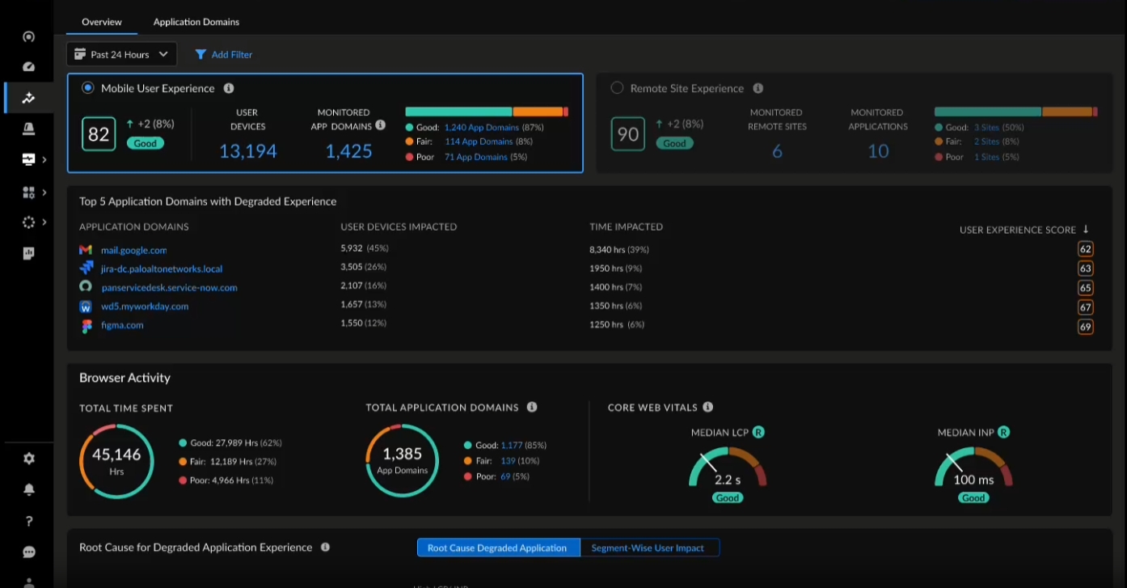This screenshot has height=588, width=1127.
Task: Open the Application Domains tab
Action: coord(196,22)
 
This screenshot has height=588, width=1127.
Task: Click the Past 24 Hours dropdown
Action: coord(121,54)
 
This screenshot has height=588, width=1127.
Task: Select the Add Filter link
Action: coord(224,54)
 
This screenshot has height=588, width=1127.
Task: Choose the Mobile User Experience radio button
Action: coord(88,88)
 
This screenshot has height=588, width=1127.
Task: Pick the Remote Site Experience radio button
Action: coord(618,88)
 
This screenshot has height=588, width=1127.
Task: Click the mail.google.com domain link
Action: coord(133,250)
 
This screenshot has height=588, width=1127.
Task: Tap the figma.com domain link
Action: coord(122,325)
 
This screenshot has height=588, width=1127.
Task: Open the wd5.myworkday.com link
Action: coord(145,307)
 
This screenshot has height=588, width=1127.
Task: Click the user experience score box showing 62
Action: coord(1085,250)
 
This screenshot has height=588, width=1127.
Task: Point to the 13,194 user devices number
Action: coord(248,151)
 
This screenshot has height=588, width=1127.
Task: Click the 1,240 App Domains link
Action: coord(481,127)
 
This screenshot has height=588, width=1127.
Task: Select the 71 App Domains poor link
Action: coord(475,157)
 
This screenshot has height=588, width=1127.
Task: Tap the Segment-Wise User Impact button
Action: coord(648,548)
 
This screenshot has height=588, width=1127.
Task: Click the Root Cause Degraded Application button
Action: coord(497,548)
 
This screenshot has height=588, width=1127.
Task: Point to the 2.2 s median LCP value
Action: coord(728,480)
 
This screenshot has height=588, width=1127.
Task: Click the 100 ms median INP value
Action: coord(973,480)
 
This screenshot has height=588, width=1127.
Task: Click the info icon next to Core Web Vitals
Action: coord(708,408)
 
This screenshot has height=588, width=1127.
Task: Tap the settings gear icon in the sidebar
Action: coord(29,459)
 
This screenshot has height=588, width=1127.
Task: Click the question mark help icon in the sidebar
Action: coord(29,521)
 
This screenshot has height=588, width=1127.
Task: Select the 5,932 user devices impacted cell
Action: coord(353,248)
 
